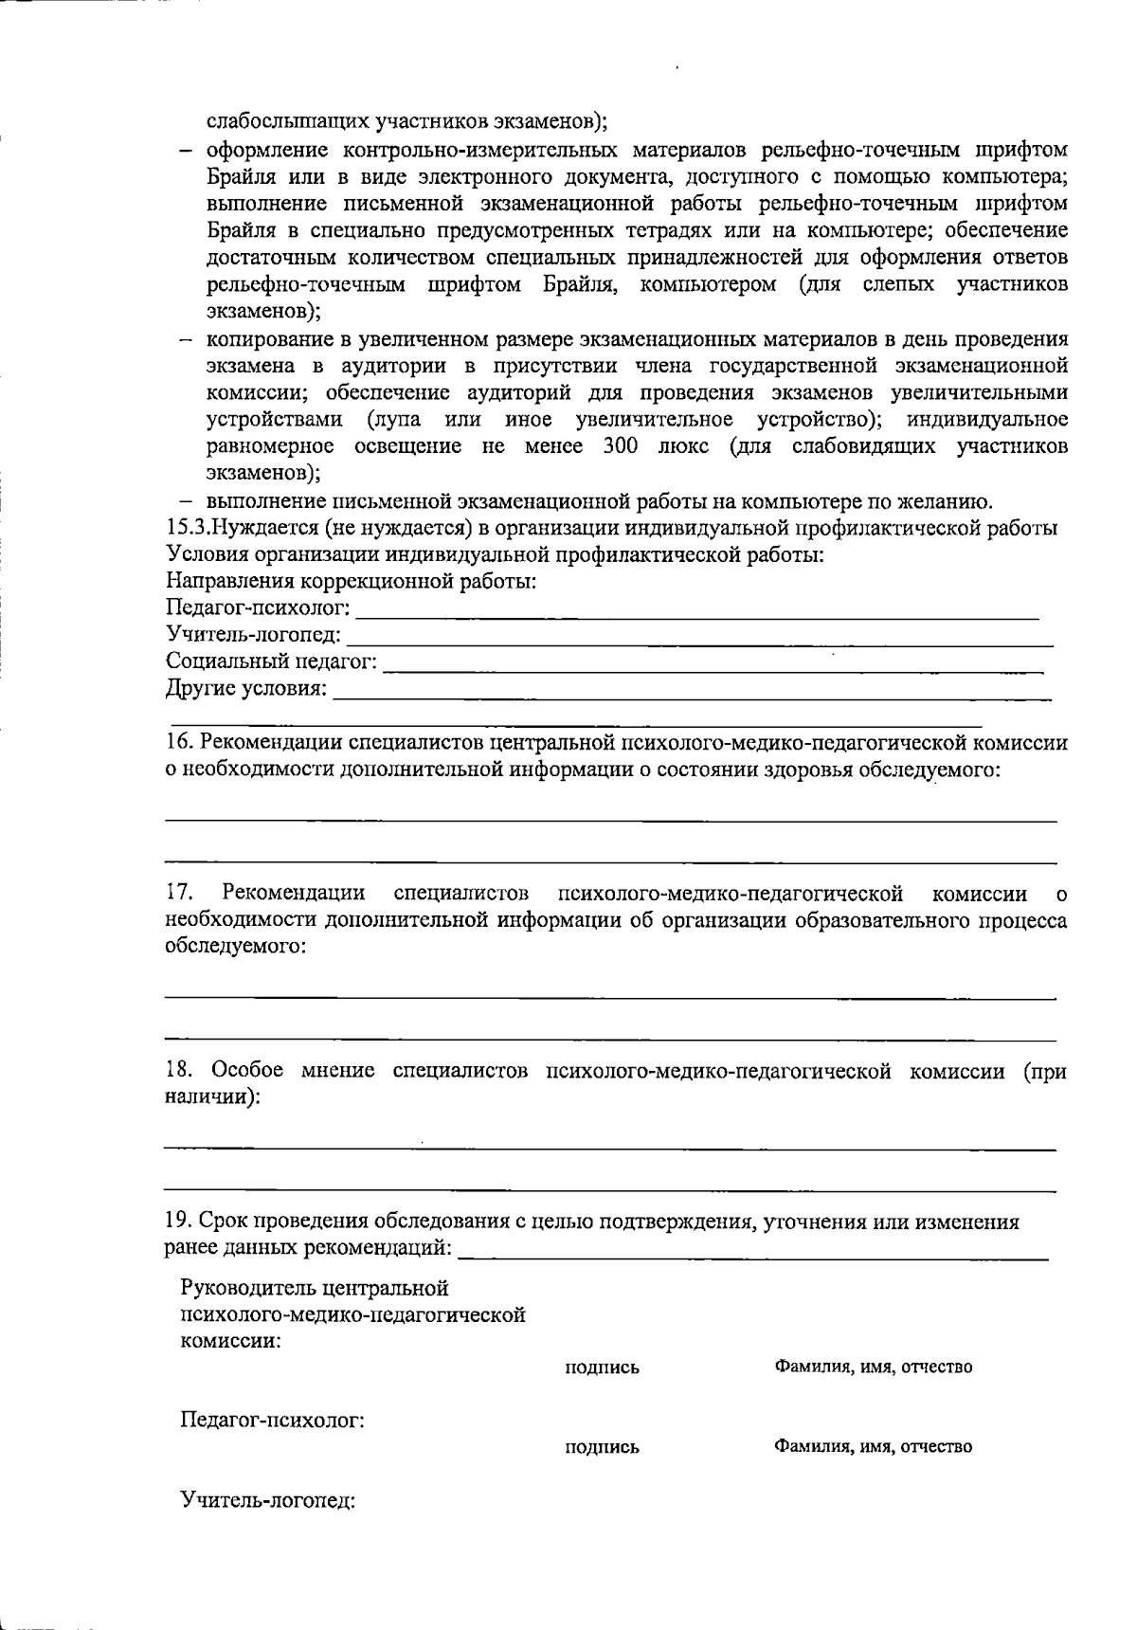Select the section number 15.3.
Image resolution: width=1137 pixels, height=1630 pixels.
pyautogui.click(x=187, y=529)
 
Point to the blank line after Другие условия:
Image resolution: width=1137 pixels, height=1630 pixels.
pyautogui.click(x=692, y=697)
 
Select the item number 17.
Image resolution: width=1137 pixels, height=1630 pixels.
pyautogui.click(x=179, y=893)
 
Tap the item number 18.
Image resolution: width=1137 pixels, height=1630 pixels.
pyautogui.click(x=178, y=1071)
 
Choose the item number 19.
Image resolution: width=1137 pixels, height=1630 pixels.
pyautogui.click(x=178, y=1222)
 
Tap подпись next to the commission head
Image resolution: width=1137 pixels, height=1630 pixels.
pyautogui.click(x=602, y=1367)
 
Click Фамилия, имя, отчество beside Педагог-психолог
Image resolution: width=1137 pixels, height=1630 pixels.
pyautogui.click(x=873, y=1447)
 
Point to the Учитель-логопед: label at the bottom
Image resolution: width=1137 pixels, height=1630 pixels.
pyautogui.click(x=267, y=1501)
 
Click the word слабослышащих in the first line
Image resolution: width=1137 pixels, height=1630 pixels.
pyautogui.click(x=288, y=121)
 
